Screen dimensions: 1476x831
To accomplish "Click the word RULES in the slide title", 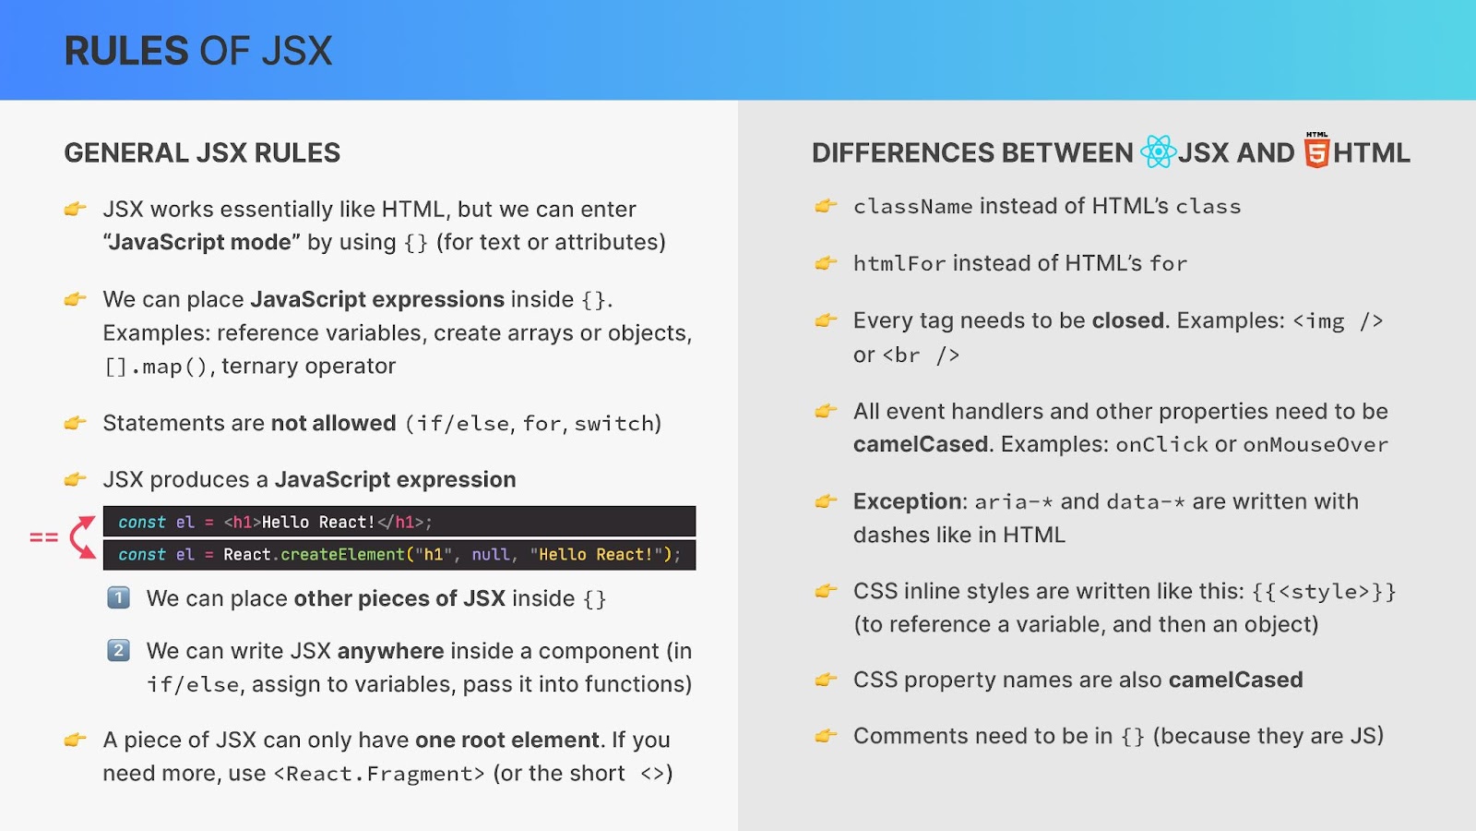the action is [126, 51].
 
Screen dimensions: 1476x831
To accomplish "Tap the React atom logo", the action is [1158, 151].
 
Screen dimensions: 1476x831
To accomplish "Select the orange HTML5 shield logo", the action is [1316, 151].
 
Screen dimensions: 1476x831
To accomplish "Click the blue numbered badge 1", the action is [119, 597].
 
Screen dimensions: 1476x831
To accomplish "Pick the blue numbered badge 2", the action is [119, 650].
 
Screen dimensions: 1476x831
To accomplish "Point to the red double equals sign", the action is [44, 537].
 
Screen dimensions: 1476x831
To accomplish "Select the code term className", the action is [912, 207].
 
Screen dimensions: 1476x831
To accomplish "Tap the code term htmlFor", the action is [899, 263].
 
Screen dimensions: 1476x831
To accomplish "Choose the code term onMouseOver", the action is [1315, 444].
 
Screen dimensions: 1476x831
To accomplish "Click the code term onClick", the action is [1161, 444].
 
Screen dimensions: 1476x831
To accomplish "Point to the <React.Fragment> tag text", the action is [379, 773].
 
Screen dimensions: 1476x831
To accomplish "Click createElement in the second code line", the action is [342, 555].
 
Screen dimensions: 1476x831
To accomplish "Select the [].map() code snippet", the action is [156, 366].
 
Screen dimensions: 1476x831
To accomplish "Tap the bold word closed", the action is [1128, 320].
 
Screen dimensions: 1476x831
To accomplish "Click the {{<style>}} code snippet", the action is [1323, 592].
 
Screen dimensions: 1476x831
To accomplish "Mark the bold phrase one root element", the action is [506, 740].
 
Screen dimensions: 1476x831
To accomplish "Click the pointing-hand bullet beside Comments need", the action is [826, 735].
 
